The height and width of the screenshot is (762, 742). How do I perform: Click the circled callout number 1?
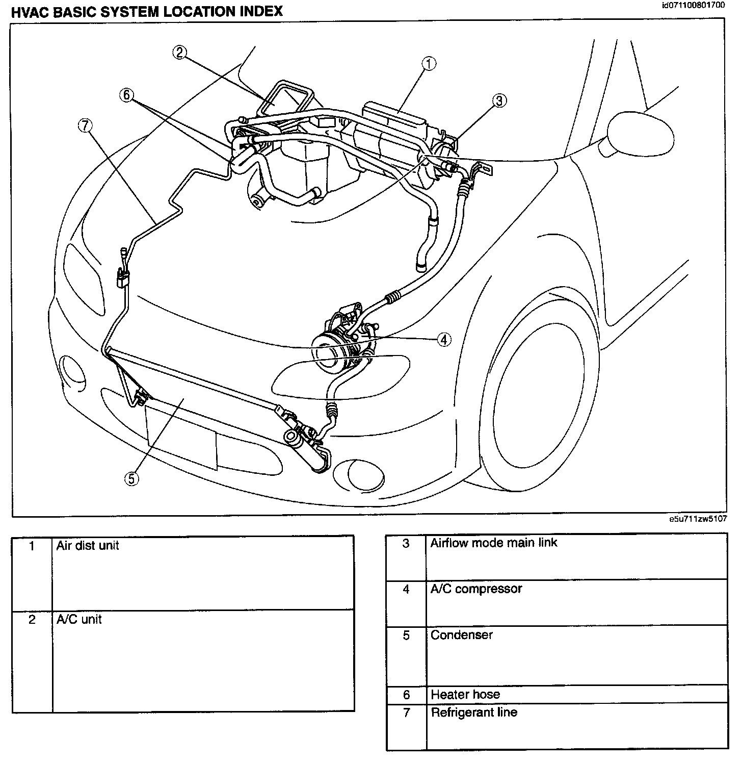[x=429, y=64]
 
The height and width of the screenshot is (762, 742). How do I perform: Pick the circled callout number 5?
[x=131, y=478]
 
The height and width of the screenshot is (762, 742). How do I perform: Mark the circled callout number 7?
[x=85, y=124]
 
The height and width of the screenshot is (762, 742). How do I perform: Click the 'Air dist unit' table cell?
[x=88, y=546]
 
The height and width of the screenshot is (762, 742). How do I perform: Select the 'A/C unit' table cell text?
[x=79, y=619]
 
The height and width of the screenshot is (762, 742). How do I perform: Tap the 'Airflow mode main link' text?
[x=493, y=543]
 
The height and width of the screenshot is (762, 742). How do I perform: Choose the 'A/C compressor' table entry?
[x=476, y=589]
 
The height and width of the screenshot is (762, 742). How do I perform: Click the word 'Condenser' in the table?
[x=461, y=635]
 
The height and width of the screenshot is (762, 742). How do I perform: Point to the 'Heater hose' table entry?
[x=465, y=694]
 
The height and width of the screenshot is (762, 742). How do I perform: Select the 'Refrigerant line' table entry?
[x=474, y=712]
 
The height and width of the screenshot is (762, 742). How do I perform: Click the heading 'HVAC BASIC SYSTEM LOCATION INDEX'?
[x=147, y=11]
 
